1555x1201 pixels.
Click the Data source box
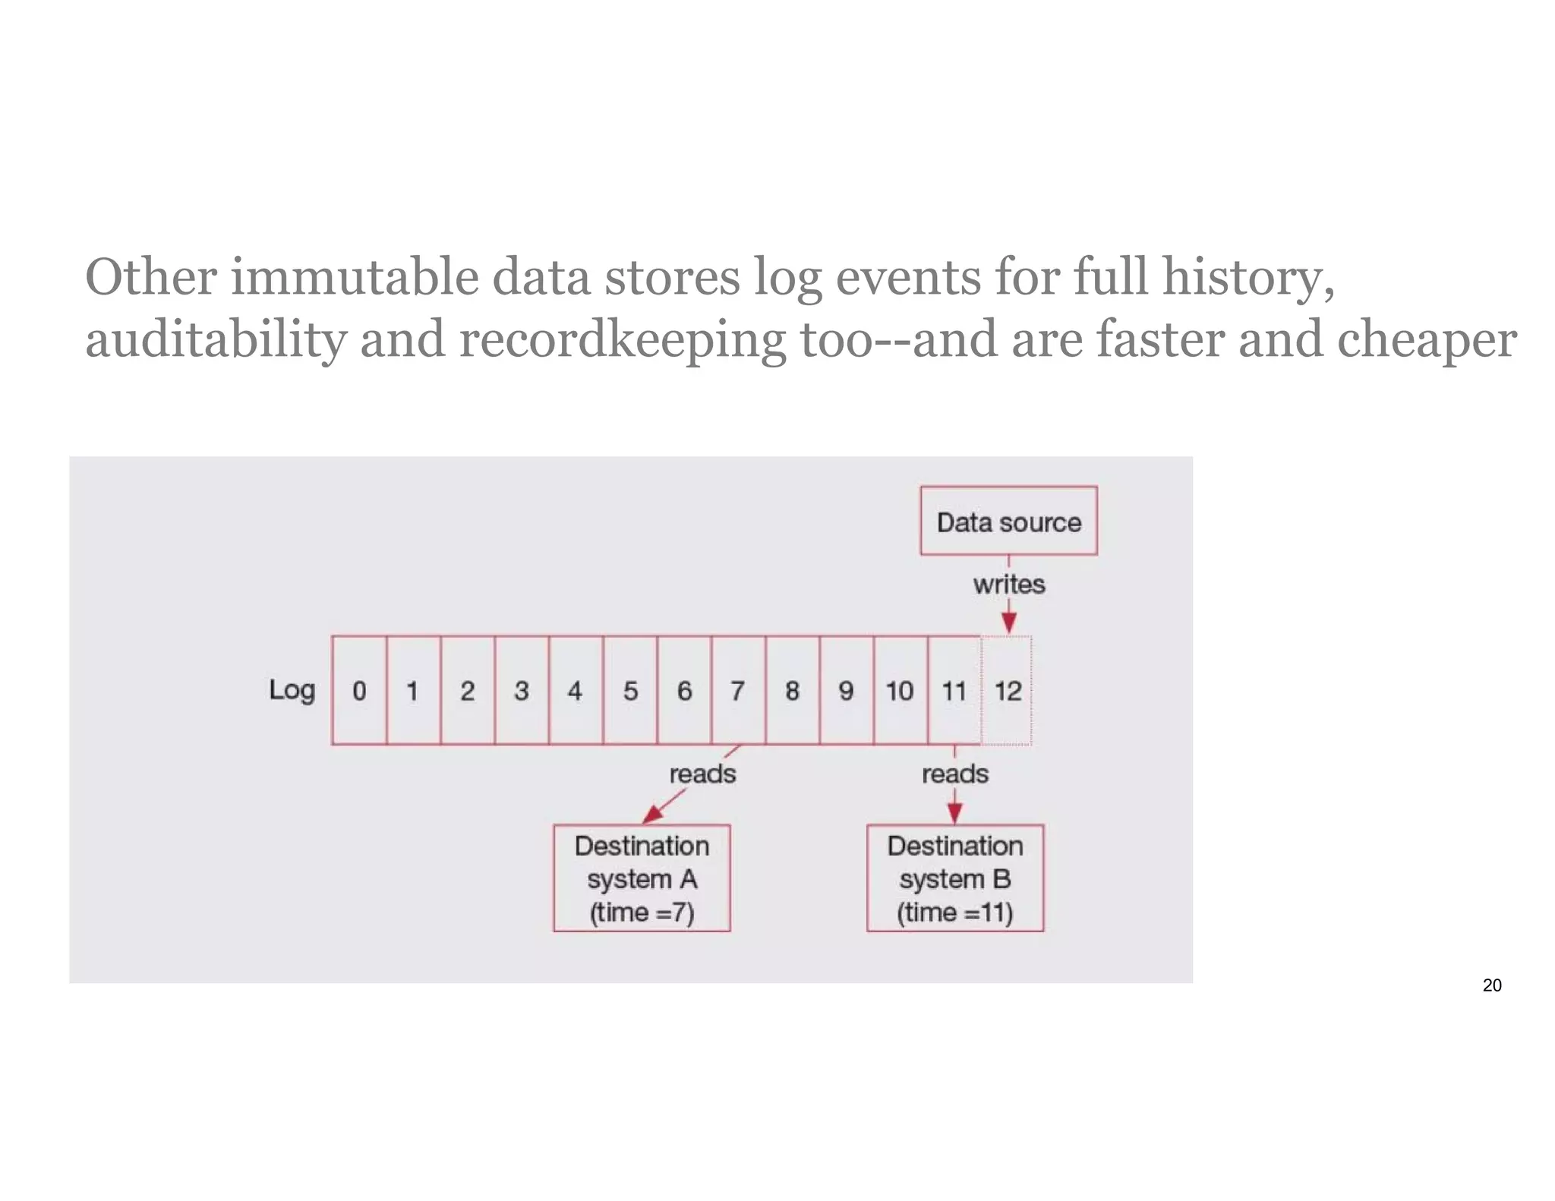[1008, 521]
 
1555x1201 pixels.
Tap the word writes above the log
[1009, 584]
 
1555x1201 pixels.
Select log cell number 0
[359, 690]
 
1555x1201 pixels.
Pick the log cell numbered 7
[738, 690]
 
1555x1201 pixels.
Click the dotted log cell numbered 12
[1008, 690]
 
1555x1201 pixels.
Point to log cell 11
[954, 690]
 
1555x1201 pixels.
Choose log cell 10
[900, 690]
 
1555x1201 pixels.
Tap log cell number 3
[521, 690]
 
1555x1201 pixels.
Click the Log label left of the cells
[292, 689]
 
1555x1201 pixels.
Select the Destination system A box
[642, 878]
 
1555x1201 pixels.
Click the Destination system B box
[955, 878]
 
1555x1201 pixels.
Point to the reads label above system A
[702, 774]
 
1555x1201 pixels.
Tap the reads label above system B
[955, 774]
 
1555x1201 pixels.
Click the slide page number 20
[1491, 985]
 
